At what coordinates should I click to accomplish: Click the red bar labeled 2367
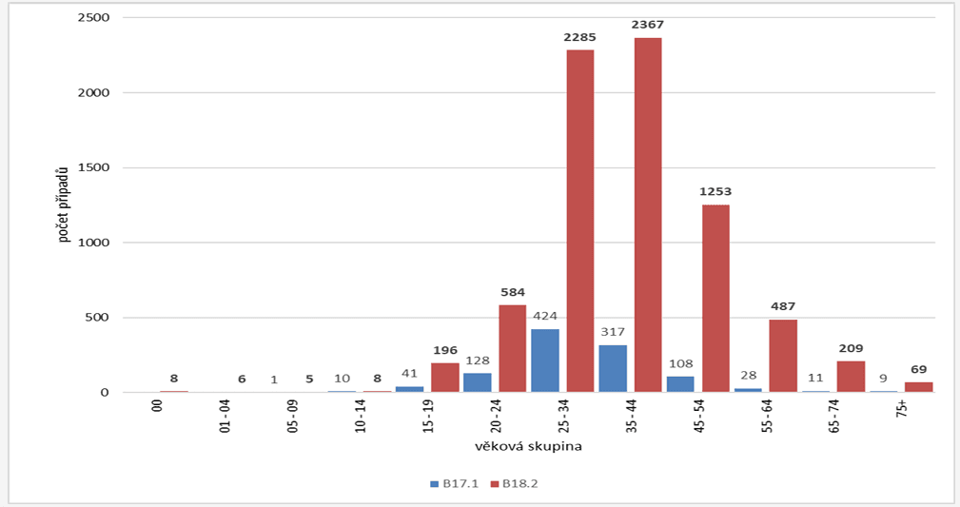[648, 214]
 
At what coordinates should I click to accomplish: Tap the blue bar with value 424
[545, 361]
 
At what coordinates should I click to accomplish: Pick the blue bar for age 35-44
[614, 368]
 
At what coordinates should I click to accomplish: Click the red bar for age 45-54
[715, 298]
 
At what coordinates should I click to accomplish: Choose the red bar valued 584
[512, 348]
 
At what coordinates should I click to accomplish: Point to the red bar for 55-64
[783, 356]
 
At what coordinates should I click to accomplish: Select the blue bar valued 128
[478, 382]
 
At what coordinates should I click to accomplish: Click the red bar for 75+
[919, 387]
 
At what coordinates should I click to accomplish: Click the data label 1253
[715, 191]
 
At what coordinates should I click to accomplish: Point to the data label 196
[444, 350]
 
